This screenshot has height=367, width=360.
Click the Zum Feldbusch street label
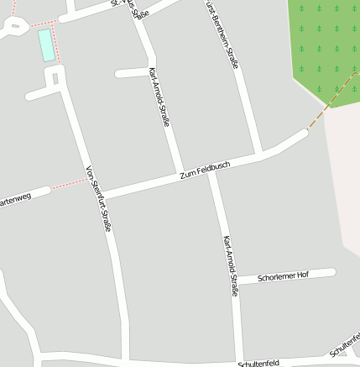point(205,170)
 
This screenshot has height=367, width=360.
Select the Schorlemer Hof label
point(284,275)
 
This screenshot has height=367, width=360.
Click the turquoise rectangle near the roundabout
point(47,46)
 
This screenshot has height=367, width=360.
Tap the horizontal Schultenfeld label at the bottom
point(258,364)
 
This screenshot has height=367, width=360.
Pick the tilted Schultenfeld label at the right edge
point(345,343)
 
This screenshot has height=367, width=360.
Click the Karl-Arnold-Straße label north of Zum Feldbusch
point(159,97)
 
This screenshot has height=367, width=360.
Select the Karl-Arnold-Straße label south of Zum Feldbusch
point(230,265)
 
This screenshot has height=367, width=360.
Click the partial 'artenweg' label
point(15,200)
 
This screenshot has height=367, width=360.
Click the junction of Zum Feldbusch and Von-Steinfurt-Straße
point(98,196)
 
